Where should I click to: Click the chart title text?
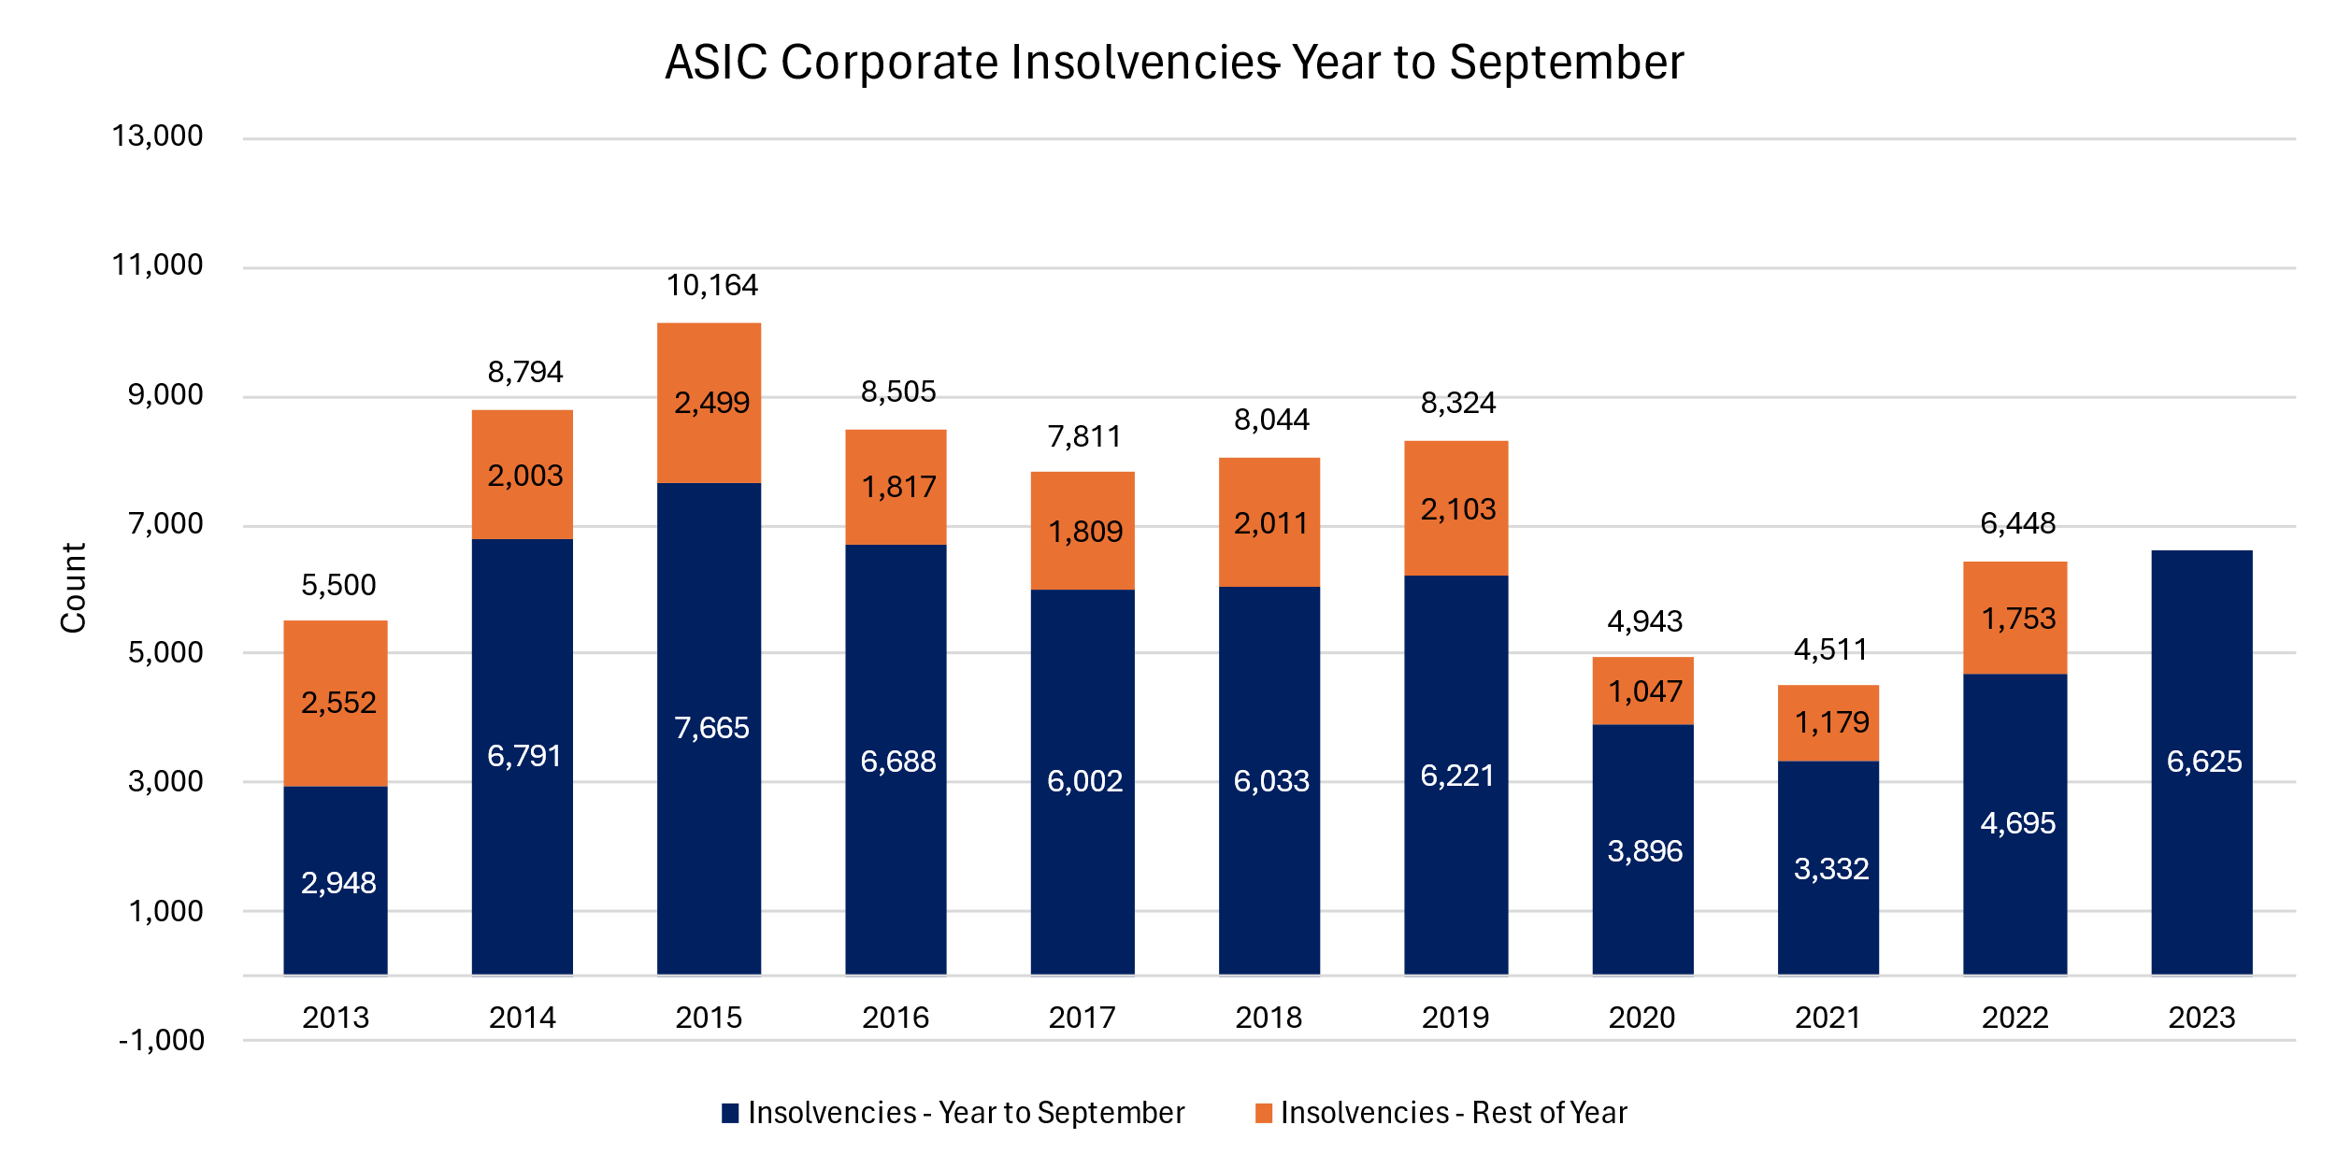pos(1174,64)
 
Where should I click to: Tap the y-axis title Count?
pos(73,588)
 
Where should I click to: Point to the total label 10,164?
pos(711,286)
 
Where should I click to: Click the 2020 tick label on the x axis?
pos(1642,1018)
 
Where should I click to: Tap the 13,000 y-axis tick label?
pos(157,136)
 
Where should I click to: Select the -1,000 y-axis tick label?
pos(161,1040)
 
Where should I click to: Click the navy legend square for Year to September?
pos(730,1113)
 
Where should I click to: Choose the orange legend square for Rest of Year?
pos(1264,1113)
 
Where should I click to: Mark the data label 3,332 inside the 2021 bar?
pos(1830,870)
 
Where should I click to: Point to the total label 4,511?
pos(1830,650)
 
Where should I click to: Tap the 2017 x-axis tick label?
pos(1082,1018)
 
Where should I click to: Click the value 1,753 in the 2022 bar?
pos(2018,619)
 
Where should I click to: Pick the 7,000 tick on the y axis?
pos(165,524)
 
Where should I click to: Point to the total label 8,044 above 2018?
pos(1271,420)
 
